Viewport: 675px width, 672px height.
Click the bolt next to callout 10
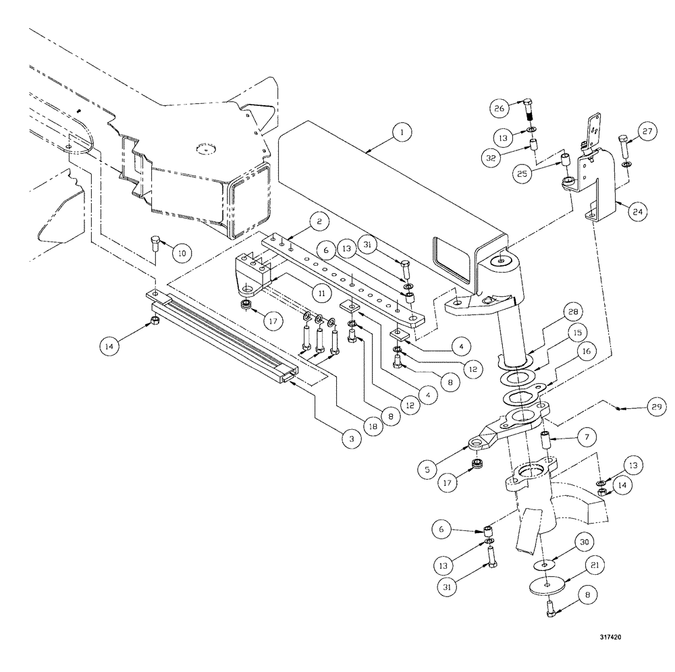[156, 242]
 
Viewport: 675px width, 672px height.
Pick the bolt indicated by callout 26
[529, 107]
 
